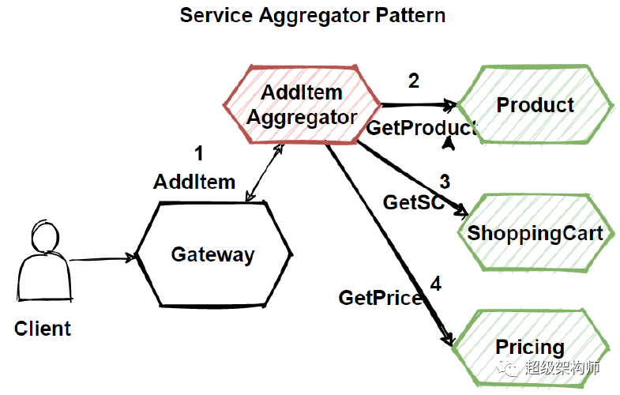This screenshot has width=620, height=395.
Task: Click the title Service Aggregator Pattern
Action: click(x=312, y=15)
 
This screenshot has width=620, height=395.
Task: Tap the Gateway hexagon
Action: click(x=213, y=254)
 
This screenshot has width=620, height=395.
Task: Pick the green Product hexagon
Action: click(x=535, y=105)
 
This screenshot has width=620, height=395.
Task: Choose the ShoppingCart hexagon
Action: click(x=535, y=233)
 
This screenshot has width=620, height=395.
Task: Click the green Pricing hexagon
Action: click(x=529, y=347)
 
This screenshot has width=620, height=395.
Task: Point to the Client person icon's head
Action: click(x=41, y=236)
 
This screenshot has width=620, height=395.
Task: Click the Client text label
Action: click(x=43, y=328)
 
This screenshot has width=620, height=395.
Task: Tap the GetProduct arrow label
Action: click(x=420, y=128)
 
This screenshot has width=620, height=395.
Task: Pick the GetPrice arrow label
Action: click(x=380, y=298)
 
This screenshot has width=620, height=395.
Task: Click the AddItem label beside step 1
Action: click(x=194, y=182)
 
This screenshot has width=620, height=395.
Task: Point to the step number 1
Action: click(x=198, y=152)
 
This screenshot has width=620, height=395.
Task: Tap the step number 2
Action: click(x=413, y=80)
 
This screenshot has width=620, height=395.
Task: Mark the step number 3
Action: click(x=445, y=181)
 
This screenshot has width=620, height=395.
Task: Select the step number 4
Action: click(x=435, y=283)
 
